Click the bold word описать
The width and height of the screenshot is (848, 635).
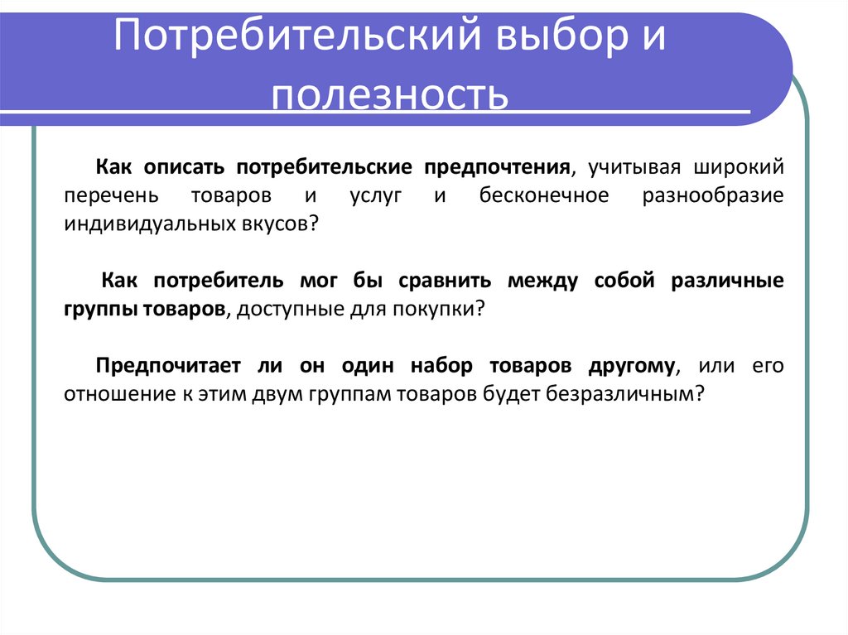(x=186, y=167)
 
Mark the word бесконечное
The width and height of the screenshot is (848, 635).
(x=543, y=196)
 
